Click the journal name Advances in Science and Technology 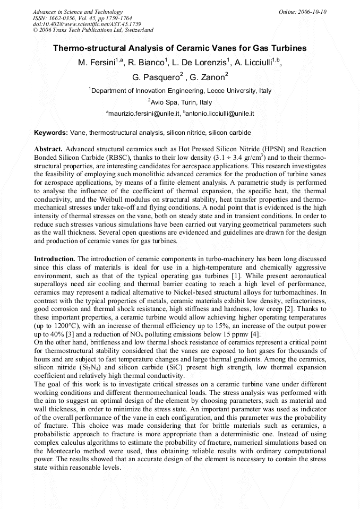click(78, 12)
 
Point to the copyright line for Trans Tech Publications click(93, 30)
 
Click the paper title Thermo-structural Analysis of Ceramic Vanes click(179, 48)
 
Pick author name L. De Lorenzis click(202, 63)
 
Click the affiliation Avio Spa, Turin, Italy click(181, 102)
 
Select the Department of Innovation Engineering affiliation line click(181, 91)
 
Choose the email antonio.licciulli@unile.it click(219, 114)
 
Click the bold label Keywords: click(51, 132)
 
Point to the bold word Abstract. click(49, 149)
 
